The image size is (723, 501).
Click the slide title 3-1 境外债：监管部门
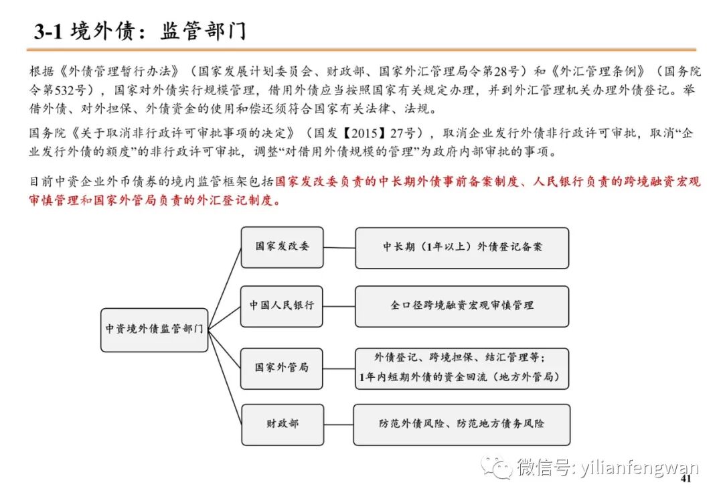[x=141, y=31]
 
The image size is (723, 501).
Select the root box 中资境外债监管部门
[x=155, y=330]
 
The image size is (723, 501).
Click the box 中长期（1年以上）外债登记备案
[x=462, y=247]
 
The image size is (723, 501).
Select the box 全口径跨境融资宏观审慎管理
[x=462, y=305]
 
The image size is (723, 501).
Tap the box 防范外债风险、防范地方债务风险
[x=462, y=424]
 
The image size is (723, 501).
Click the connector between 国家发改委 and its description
[x=339, y=247]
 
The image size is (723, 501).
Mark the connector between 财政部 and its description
[x=338, y=424]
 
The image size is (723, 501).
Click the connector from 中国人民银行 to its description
[x=339, y=305]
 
